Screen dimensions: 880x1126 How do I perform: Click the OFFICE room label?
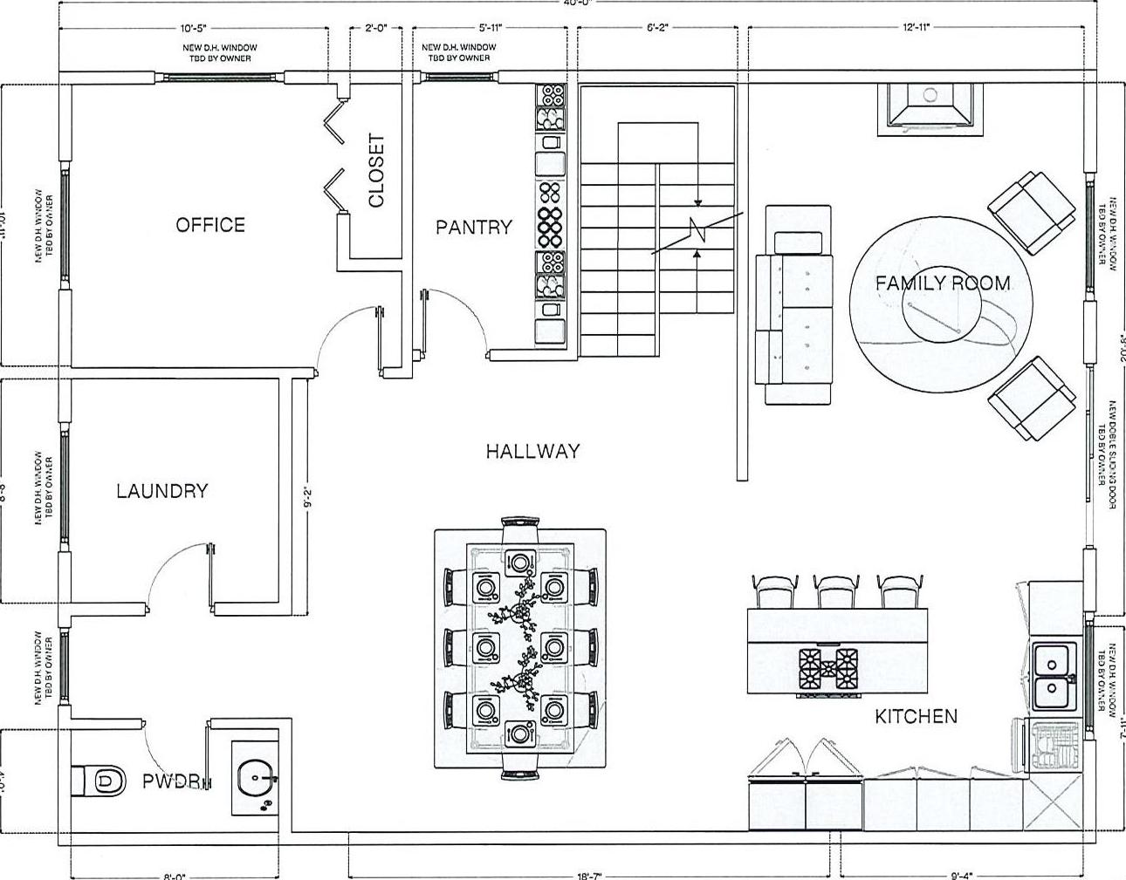(210, 225)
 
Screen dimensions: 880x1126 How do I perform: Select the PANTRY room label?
(473, 228)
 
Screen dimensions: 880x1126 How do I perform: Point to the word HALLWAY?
(532, 451)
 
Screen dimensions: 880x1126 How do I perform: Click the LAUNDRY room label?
(162, 491)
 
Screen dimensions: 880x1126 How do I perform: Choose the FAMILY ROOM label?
(943, 283)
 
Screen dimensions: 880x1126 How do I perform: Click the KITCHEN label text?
(916, 716)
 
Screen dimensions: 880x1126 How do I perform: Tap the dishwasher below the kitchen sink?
(1054, 747)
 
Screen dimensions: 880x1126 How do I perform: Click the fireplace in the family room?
(930, 107)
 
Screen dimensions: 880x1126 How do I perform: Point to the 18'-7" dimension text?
(590, 874)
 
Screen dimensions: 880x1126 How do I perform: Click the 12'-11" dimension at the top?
(917, 28)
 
